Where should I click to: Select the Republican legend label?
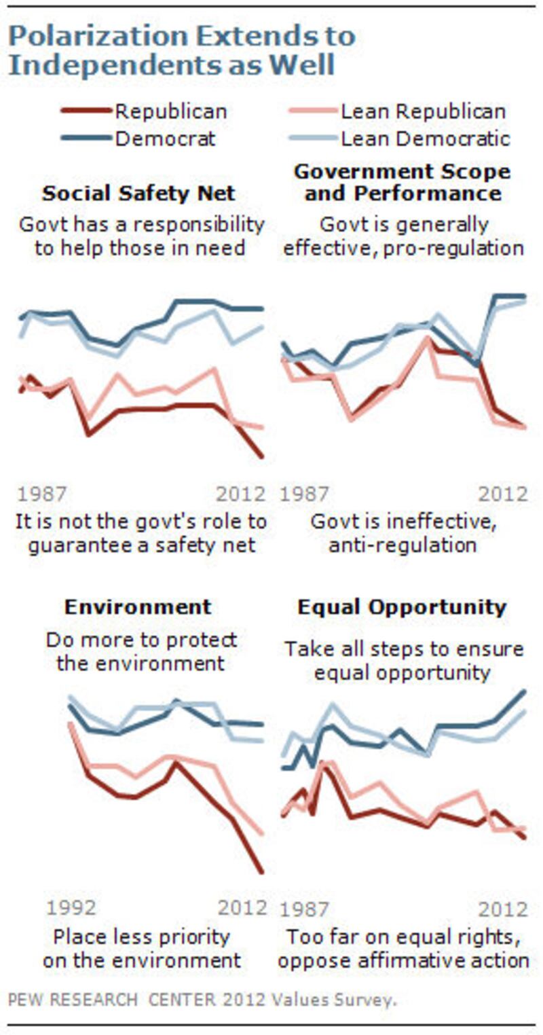pos(171,111)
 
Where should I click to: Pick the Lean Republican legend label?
pos(423,111)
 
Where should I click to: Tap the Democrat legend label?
pos(165,139)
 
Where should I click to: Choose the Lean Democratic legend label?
pos(425,139)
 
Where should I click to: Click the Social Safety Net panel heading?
pos(138,193)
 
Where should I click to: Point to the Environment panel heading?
pos(138,606)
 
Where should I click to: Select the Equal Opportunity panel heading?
pos(402,606)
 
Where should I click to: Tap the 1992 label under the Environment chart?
pos(71,907)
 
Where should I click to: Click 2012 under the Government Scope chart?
pos(503,494)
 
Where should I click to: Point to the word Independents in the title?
pos(102,66)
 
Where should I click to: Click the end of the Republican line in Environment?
pos(261,871)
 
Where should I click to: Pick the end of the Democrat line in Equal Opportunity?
pos(525,691)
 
